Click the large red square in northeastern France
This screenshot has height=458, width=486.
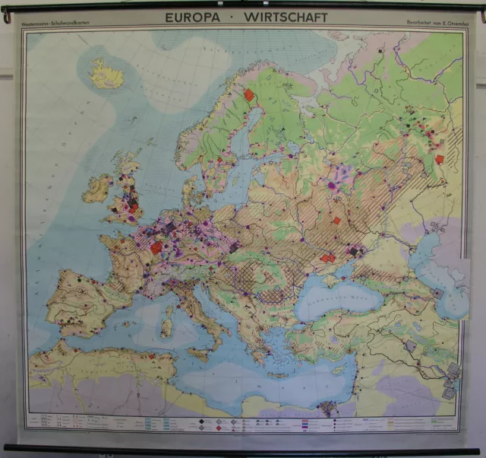click(156, 247)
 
